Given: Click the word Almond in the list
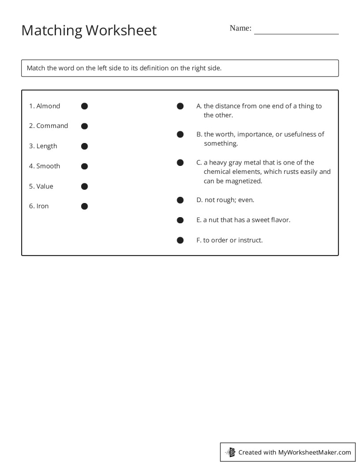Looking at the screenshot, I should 48,106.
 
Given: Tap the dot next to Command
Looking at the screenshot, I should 85,126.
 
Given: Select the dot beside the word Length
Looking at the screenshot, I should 85,146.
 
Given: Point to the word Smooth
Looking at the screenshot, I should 48,166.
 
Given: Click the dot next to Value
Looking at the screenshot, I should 85,186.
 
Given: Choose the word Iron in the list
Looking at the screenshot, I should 42,206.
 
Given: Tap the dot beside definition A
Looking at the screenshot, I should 180,106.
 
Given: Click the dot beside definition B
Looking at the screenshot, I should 180,135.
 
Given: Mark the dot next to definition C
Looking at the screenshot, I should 180,163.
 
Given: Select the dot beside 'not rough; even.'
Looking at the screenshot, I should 180,200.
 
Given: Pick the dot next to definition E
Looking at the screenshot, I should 180,220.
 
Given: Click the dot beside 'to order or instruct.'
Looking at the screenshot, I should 180,241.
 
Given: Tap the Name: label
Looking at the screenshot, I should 240,28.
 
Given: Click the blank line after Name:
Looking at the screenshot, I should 296,31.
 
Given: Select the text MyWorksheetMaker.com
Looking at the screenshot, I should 315,452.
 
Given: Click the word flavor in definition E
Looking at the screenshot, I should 280,220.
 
